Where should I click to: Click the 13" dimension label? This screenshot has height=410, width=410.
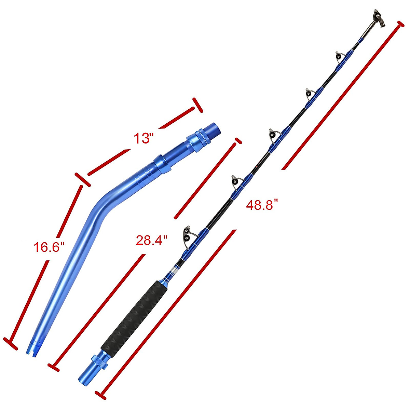[x=142, y=138]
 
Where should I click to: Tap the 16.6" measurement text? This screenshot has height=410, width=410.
[x=49, y=247]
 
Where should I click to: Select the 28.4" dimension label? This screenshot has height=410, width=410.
[x=152, y=240]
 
